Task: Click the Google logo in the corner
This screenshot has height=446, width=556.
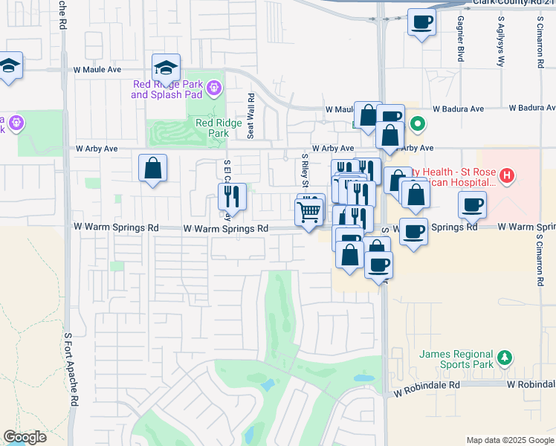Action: [25, 437]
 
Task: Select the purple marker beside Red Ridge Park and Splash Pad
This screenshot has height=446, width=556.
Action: [215, 88]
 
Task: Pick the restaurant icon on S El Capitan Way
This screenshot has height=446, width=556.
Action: [232, 196]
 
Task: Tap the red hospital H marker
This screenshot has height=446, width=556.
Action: [506, 176]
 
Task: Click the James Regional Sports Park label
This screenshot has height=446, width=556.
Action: [455, 359]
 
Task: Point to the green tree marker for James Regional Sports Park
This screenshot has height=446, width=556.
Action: [505, 358]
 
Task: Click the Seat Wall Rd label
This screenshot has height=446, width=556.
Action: [251, 115]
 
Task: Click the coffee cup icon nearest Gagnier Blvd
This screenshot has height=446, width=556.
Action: [421, 23]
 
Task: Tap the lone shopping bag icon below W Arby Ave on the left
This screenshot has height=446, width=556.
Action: [152, 168]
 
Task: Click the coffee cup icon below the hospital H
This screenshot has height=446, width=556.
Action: [472, 204]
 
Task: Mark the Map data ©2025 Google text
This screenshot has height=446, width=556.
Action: [510, 440]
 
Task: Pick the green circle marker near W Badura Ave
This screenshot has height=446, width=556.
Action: [418, 123]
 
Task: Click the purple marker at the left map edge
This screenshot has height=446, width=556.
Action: [15, 122]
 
